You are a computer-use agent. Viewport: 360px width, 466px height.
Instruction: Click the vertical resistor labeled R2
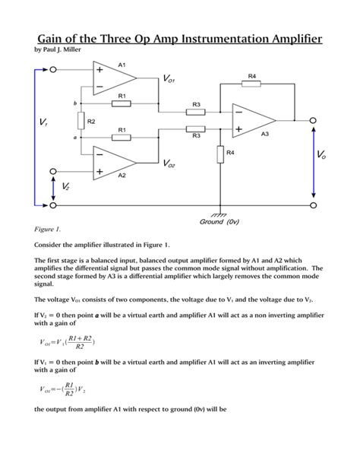tap(80, 121)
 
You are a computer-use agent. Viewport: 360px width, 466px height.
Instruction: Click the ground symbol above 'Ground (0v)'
tap(222, 214)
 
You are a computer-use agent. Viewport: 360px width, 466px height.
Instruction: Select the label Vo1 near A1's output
tap(169, 79)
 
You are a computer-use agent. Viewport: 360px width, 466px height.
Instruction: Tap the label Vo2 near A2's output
tap(169, 163)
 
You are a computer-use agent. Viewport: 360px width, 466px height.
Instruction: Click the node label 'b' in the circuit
tap(74, 103)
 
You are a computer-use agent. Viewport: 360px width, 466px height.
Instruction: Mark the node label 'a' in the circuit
tap(74, 138)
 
